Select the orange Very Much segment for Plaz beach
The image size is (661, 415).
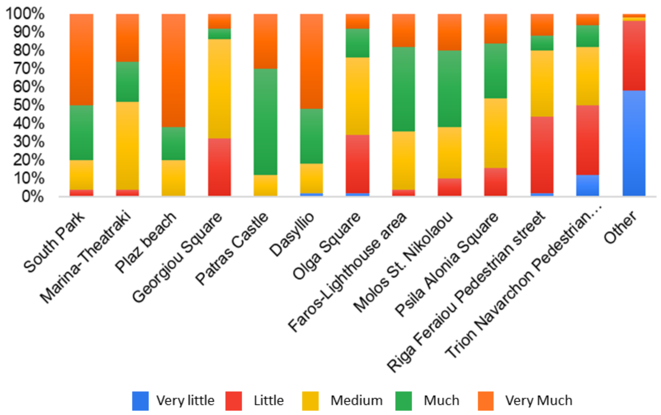pyautogui.click(x=173, y=71)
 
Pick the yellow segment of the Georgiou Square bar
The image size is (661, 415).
pyautogui.click(x=219, y=89)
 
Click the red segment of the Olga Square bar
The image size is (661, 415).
pyautogui.click(x=357, y=164)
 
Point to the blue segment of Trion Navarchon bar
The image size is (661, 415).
pyautogui.click(x=588, y=185)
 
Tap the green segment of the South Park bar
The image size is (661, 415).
pyautogui.click(x=81, y=133)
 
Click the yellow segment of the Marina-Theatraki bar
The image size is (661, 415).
pyautogui.click(x=127, y=146)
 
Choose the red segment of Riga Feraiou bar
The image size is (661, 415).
pyautogui.click(x=542, y=155)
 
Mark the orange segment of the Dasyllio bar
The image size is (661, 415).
pyautogui.click(x=311, y=61)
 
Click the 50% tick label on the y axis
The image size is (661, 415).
pyautogui.click(x=29, y=105)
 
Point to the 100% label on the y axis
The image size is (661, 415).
pyautogui.click(x=25, y=13)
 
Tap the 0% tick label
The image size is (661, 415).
pyautogui.click(x=32, y=196)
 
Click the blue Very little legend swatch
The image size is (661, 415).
pyautogui.click(x=140, y=401)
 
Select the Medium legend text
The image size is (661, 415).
pyautogui.click(x=357, y=400)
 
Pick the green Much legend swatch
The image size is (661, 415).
pyautogui.click(x=404, y=401)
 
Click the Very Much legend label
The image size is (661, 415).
pyautogui.click(x=539, y=400)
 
